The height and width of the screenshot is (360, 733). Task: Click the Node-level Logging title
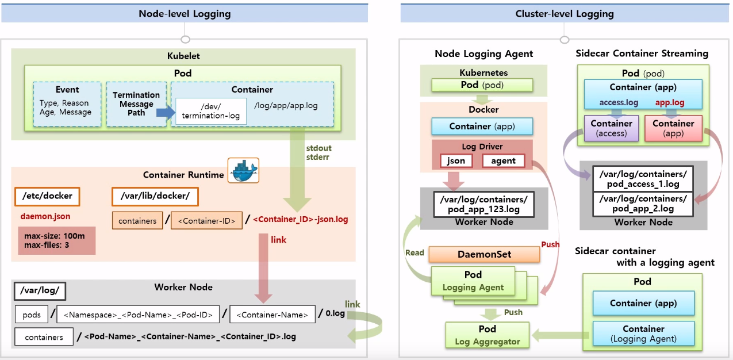[185, 14]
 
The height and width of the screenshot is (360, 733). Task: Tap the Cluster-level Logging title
[564, 14]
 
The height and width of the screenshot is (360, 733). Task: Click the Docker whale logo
[243, 170]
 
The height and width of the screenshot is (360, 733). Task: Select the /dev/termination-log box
[211, 111]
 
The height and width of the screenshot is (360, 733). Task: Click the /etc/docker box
[47, 196]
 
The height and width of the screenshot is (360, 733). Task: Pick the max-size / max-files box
[56, 241]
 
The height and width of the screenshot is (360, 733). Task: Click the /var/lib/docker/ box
[155, 196]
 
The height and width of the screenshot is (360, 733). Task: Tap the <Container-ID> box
[207, 221]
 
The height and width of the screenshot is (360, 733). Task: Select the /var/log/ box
[40, 290]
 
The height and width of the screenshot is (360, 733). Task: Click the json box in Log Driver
[456, 161]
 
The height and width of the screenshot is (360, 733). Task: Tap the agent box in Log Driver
[503, 161]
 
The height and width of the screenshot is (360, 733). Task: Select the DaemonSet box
[484, 254]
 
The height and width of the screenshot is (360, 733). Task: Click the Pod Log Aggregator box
[487, 335]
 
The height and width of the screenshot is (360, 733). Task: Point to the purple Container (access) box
[611, 128]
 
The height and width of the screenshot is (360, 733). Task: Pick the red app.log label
[670, 103]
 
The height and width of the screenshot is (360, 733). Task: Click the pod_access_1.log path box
[643, 179]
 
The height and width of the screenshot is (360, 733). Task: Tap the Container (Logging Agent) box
[643, 334]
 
